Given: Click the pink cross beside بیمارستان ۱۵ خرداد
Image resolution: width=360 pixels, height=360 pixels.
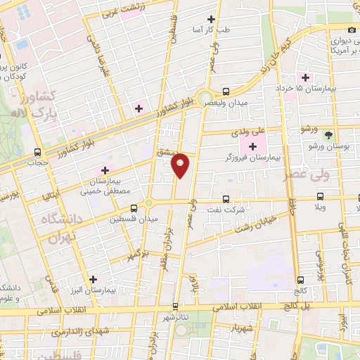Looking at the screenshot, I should pyautogui.click(x=305, y=77).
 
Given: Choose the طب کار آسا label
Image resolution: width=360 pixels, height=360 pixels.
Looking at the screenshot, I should pyautogui.click(x=213, y=30).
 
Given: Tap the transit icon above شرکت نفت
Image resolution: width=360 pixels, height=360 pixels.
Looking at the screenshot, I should pyautogui.click(x=225, y=199).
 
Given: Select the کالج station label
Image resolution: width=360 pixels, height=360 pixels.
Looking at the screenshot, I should pyautogui.click(x=302, y=290).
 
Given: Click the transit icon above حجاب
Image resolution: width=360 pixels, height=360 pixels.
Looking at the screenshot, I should pyautogui.click(x=37, y=152).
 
